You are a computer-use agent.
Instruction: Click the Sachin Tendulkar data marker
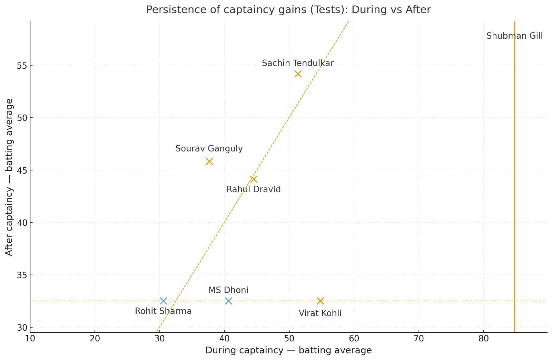pyautogui.click(x=298, y=74)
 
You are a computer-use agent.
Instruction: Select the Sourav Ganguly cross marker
pyautogui.click(x=209, y=162)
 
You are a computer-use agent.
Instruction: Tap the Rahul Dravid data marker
pyautogui.click(x=254, y=179)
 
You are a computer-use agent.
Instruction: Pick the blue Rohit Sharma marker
pyautogui.click(x=164, y=301)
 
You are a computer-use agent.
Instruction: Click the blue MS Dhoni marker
pyautogui.click(x=228, y=301)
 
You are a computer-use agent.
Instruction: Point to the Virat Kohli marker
pyautogui.click(x=320, y=301)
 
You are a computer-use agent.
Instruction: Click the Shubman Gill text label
pyautogui.click(x=514, y=36)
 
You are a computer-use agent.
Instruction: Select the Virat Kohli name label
pyautogui.click(x=320, y=313)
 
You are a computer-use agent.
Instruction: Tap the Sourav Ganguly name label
pyautogui.click(x=209, y=148)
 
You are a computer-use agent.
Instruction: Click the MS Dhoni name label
pyautogui.click(x=228, y=290)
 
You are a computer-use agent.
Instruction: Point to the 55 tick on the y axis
pyautogui.click(x=22, y=66)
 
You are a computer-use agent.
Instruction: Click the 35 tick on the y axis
pyautogui.click(x=22, y=275)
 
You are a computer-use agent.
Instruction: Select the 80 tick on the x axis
pyautogui.click(x=483, y=339)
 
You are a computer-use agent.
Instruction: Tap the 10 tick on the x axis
pyautogui.click(x=30, y=339)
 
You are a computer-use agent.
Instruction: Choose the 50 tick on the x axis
pyautogui.click(x=289, y=339)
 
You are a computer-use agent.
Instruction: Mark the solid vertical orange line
pyautogui.click(x=514, y=173)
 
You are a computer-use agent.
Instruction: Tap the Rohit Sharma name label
pyautogui.click(x=163, y=311)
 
